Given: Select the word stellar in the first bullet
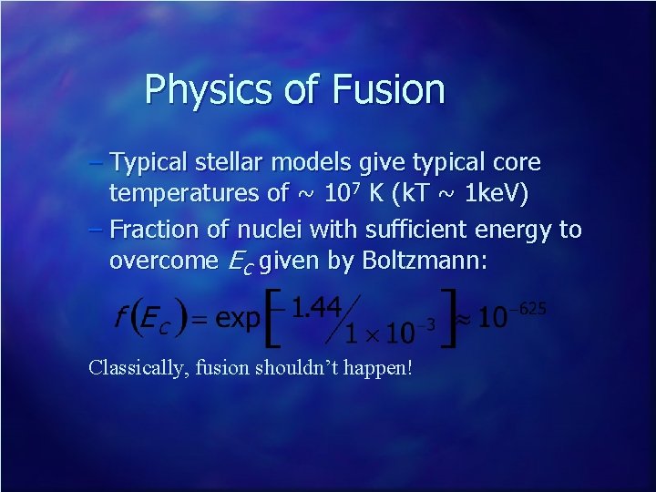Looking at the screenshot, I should [x=224, y=163].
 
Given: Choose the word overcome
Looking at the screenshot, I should [x=161, y=261].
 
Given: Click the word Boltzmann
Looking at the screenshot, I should [x=425, y=261].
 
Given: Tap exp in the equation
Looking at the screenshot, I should [x=240, y=318].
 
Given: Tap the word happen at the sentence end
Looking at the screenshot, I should [x=381, y=369].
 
